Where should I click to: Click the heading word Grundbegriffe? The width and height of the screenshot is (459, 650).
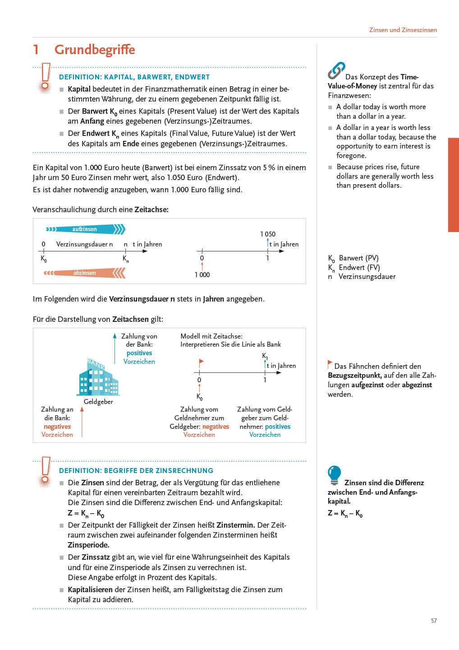[95, 50]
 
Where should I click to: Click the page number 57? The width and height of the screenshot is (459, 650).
[434, 621]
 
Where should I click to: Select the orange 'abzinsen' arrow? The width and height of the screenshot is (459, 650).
[85, 273]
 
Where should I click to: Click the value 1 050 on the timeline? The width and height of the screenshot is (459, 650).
[268, 234]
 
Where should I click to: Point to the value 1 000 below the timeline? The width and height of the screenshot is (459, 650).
[202, 274]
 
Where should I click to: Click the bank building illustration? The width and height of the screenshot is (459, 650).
[98, 377]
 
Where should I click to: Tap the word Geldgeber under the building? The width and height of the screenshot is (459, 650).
[98, 402]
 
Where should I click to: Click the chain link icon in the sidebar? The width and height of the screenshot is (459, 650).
[336, 70]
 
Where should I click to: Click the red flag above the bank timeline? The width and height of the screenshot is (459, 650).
[201, 362]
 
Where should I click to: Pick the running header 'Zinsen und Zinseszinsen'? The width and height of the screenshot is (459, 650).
[403, 30]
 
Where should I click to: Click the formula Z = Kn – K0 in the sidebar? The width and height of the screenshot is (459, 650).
[345, 513]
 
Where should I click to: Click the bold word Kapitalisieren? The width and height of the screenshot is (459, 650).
[90, 590]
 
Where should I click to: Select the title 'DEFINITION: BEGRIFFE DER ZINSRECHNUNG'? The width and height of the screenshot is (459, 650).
[136, 470]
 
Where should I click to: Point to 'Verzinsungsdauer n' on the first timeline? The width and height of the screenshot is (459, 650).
[84, 244]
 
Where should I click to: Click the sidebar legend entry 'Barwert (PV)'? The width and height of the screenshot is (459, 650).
[358, 258]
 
